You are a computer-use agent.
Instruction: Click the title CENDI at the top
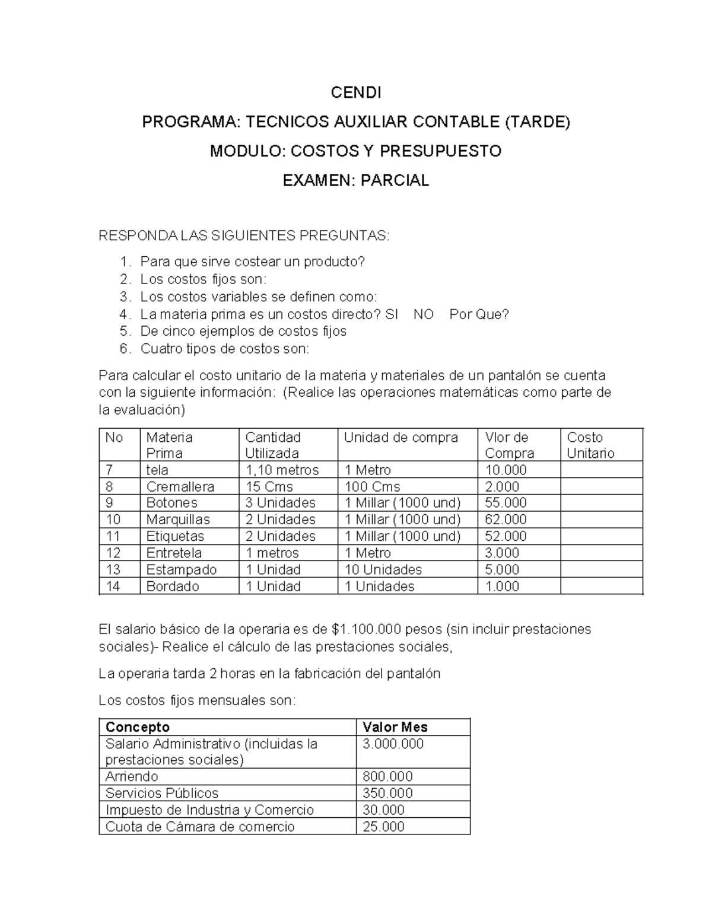point(355,93)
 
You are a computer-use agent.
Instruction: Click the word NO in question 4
point(423,314)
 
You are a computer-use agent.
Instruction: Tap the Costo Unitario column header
point(590,445)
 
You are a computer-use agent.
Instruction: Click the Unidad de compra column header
point(401,438)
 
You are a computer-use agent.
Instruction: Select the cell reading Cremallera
point(180,487)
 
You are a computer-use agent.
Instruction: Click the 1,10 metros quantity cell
point(282,470)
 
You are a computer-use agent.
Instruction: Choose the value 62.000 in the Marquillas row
point(506,520)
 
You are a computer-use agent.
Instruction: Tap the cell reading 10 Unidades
point(383,569)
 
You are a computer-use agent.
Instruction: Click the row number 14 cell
point(113,586)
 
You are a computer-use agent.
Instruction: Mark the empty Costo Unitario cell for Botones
point(601,503)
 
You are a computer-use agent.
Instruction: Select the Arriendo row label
point(132,776)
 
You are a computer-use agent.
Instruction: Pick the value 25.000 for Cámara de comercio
point(383,826)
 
